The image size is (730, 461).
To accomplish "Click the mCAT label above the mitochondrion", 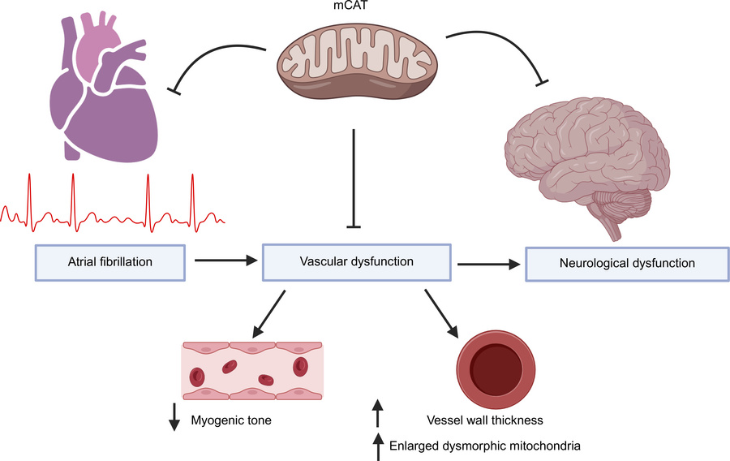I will click(x=357, y=8).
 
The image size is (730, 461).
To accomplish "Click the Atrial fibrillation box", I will click(x=110, y=261).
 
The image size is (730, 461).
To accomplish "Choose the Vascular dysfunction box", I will click(x=356, y=261).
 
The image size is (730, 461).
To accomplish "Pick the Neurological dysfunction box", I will click(x=627, y=264).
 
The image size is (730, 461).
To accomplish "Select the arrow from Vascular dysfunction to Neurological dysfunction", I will click(x=487, y=263).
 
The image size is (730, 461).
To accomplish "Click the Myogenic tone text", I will click(x=231, y=420).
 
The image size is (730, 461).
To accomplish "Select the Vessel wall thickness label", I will click(x=484, y=420).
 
